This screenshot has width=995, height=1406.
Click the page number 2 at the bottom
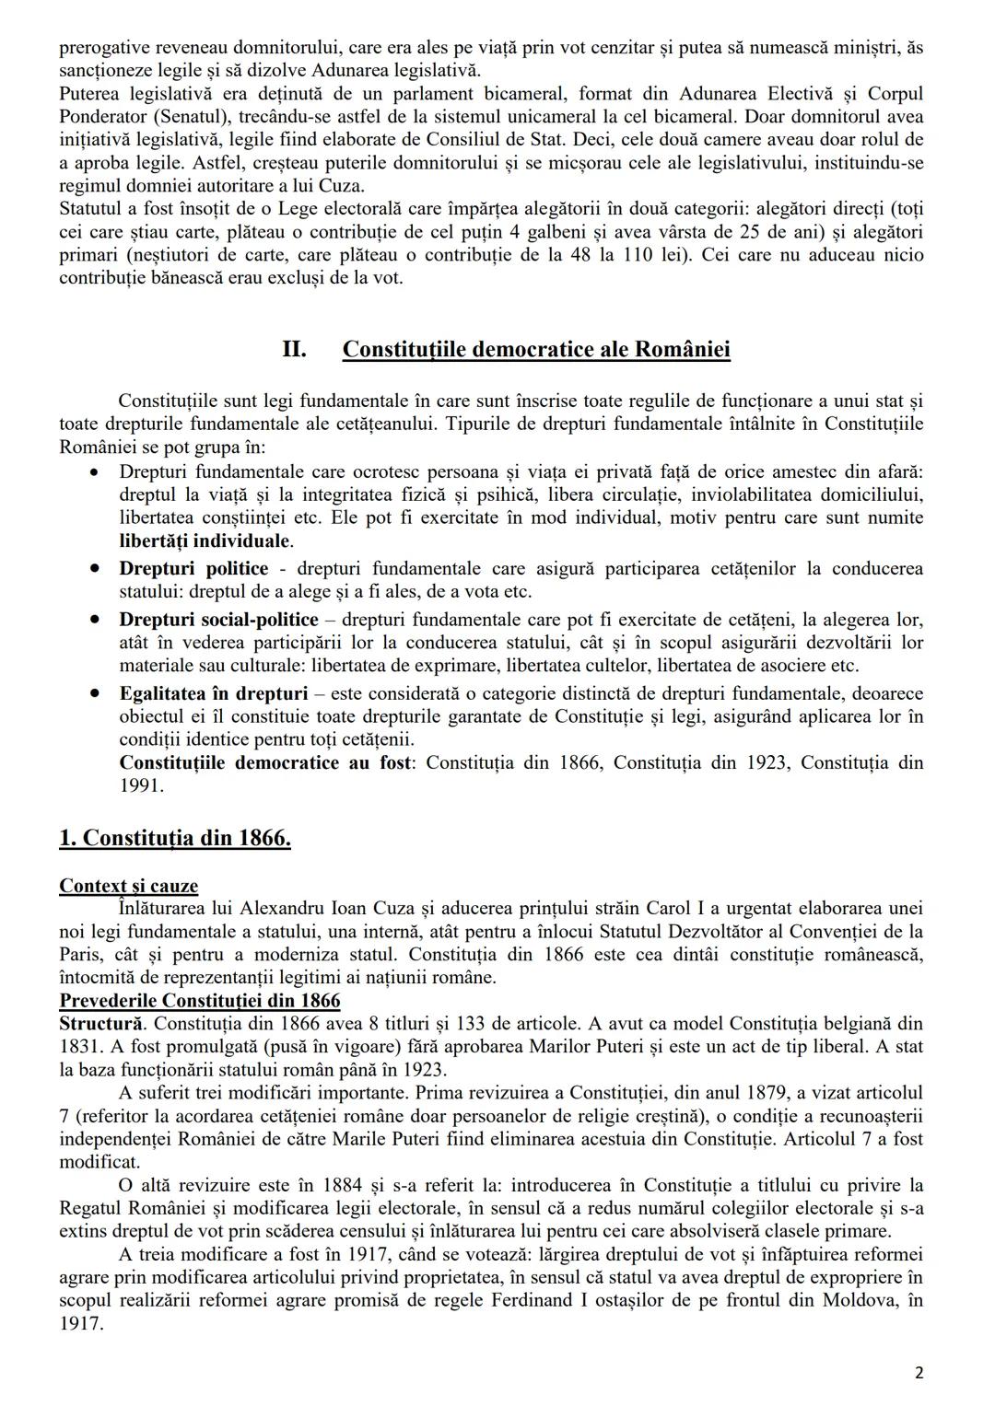[919, 1373]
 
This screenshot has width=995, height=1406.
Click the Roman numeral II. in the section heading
[294, 350]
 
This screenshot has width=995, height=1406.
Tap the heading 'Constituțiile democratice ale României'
[536, 350]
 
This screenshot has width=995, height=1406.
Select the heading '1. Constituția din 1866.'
[175, 838]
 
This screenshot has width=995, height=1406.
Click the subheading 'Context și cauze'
[128, 886]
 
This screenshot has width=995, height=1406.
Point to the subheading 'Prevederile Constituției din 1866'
[199, 1001]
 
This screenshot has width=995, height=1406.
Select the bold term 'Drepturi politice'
[193, 568]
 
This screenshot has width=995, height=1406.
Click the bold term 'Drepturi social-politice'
[218, 620]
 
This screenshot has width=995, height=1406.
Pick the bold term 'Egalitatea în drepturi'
[213, 693]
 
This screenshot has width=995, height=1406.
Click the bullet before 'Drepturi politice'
[95, 568]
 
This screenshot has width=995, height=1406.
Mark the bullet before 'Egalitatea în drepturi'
[95, 693]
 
